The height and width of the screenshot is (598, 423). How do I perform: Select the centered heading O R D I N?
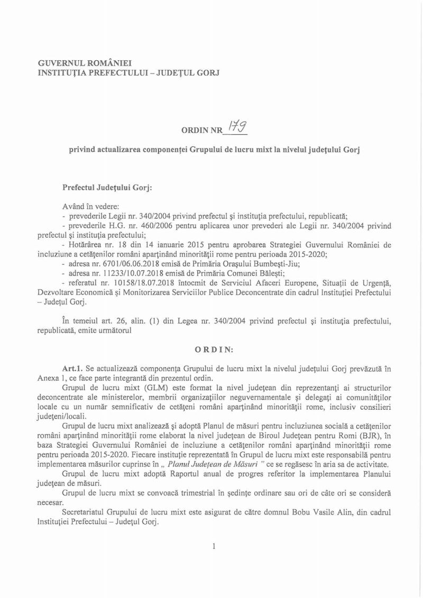212,349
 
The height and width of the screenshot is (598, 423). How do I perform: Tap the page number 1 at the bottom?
212,547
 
